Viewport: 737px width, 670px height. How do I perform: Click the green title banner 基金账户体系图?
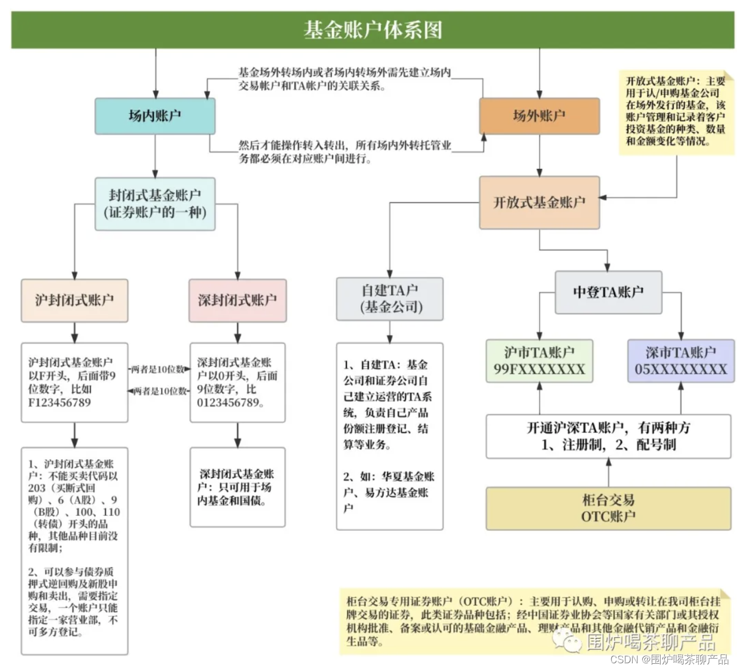(x=372, y=30)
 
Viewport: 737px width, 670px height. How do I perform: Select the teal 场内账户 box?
(x=155, y=116)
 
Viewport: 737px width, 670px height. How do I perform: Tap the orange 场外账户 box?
(x=539, y=116)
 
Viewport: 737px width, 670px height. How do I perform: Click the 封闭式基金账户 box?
(x=155, y=204)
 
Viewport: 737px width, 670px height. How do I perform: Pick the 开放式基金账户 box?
(x=539, y=203)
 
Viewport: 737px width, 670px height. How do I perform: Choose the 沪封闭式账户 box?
(x=75, y=300)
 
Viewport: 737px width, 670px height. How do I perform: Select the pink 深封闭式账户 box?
(x=237, y=300)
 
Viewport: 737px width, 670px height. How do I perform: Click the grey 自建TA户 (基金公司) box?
(x=390, y=299)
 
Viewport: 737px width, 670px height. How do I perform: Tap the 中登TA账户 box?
(x=608, y=292)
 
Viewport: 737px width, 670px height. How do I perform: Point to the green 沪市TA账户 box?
(x=539, y=361)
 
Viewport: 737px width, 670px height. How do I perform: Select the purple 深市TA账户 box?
(x=680, y=361)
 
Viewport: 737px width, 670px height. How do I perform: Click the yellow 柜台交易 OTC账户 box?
(x=608, y=508)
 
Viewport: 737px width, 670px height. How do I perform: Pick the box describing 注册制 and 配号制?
(x=608, y=437)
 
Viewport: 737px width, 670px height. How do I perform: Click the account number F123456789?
(x=59, y=403)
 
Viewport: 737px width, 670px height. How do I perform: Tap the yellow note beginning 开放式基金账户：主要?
(x=675, y=112)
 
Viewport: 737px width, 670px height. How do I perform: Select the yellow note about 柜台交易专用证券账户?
(x=533, y=621)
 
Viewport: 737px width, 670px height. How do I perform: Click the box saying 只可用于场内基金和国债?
(x=237, y=487)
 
